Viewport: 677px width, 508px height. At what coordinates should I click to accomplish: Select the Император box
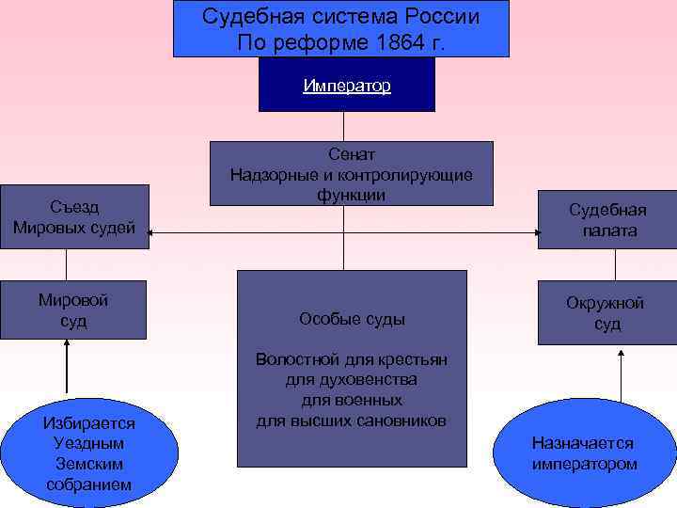tap(347, 86)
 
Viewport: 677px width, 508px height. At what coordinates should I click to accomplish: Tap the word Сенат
tap(352, 153)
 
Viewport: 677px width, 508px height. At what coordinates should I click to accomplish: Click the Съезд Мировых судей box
tap(75, 216)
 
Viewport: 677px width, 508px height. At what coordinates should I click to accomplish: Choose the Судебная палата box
tap(607, 220)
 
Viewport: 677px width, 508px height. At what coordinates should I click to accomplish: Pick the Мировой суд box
tap(73, 310)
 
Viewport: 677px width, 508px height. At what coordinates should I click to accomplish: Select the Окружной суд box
tap(606, 313)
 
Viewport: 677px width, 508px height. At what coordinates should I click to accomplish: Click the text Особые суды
tap(352, 319)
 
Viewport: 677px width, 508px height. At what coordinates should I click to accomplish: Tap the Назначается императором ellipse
tap(583, 453)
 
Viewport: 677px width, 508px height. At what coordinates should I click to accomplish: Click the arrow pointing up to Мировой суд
tap(67, 367)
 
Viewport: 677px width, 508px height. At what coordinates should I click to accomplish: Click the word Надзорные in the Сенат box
tap(268, 175)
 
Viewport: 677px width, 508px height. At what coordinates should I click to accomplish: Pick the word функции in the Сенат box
tap(352, 195)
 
